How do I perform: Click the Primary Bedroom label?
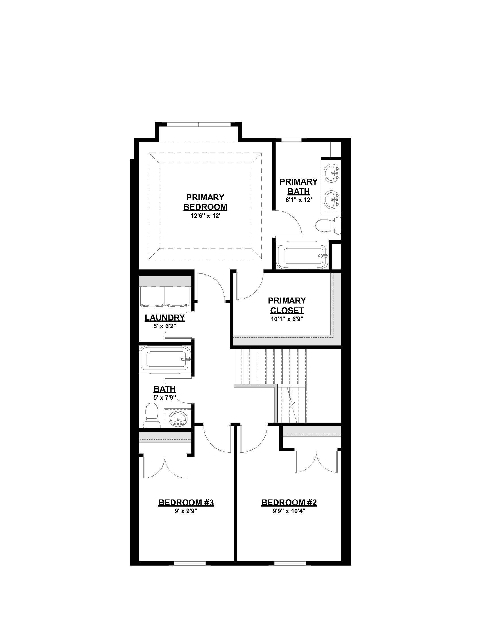click(x=205, y=202)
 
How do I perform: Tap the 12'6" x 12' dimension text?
click(x=205, y=216)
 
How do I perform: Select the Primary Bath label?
click(x=298, y=186)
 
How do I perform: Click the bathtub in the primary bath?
click(x=303, y=255)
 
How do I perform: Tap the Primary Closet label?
click(x=287, y=305)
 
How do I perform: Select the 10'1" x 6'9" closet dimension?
click(x=287, y=319)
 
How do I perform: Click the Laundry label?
click(x=165, y=317)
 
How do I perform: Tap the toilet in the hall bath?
click(x=151, y=415)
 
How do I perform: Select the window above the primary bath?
click(x=291, y=140)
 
